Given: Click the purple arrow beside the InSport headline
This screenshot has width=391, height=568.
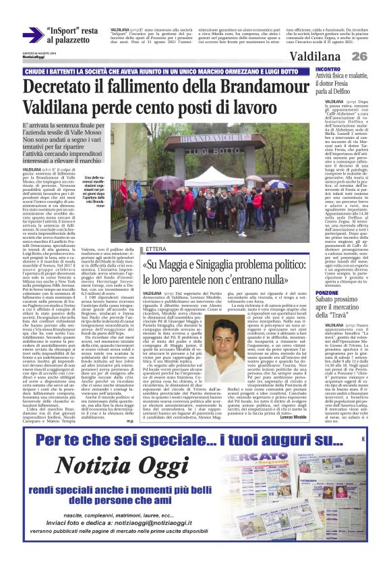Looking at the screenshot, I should click(x=32, y=35).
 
